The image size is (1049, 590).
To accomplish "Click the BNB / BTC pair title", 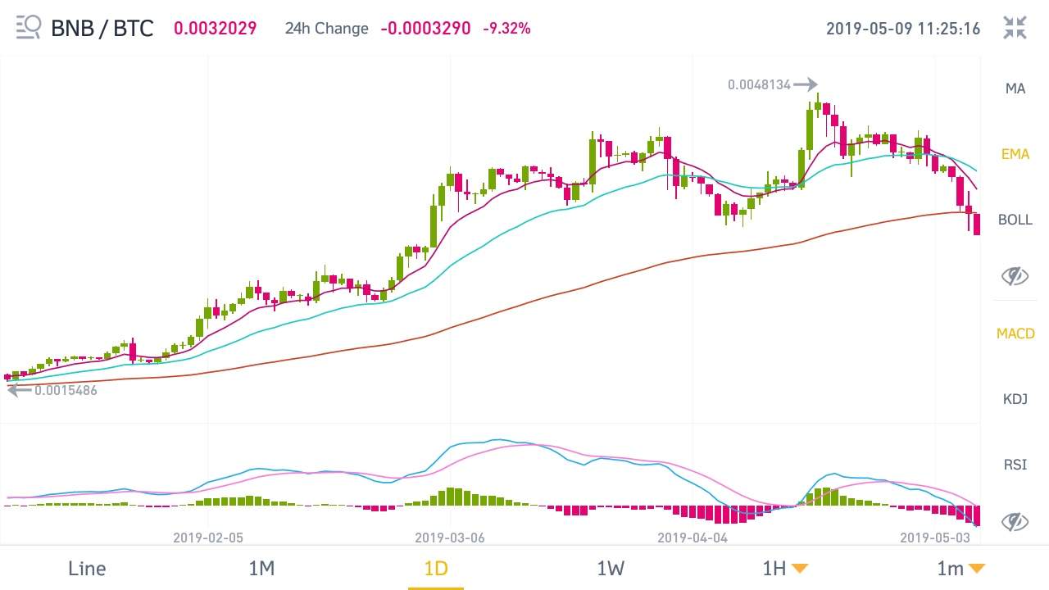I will pos(102,28).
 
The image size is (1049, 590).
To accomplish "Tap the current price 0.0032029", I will pos(215,28).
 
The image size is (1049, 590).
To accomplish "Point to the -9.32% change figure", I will pos(506,28).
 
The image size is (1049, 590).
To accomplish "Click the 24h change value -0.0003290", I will pos(425,28).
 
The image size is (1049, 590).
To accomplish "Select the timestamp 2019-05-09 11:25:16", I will pos(902,28).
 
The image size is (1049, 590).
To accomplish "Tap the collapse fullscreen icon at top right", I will pos(1015,27).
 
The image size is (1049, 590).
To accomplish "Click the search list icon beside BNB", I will pos(28,27).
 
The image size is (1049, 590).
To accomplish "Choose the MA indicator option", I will pos(1015,88).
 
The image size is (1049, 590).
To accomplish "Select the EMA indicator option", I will pos(1015,154).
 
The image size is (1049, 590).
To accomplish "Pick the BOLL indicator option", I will pos(1015,220).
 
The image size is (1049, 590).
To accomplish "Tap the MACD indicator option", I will pos(1015,334).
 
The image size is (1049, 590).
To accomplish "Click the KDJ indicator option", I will pos(1015,399).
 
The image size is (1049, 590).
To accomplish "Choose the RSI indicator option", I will pos(1015,465).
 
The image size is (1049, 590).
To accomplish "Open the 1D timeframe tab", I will pos(436,568).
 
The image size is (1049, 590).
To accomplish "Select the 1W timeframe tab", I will pos(611,568).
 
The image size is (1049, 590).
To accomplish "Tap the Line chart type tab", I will pos(87,568).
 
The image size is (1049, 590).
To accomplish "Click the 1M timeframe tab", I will pos(261,568).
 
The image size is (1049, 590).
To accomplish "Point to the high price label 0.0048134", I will pos(759,84).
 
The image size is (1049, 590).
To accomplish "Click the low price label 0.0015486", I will pos(66,390).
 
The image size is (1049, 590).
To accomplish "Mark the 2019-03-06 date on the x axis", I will pos(450,538).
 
